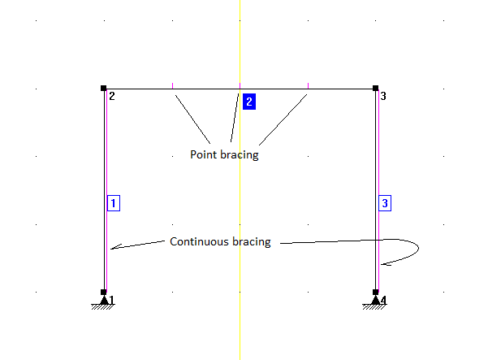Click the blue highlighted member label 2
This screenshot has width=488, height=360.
(x=249, y=102)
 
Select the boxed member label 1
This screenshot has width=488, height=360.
(x=114, y=202)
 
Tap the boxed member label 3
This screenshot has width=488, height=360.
(x=386, y=202)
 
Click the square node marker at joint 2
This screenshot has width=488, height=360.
(x=104, y=88)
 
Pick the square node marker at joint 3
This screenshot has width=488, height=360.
(x=375, y=88)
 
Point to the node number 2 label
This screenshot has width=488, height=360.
(x=111, y=97)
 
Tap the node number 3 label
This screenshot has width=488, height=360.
(x=383, y=97)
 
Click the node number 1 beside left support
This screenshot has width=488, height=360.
(x=112, y=301)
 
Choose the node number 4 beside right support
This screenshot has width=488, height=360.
(x=383, y=301)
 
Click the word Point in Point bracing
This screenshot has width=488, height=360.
(x=203, y=154)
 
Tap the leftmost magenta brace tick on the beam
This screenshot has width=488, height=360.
(x=172, y=85)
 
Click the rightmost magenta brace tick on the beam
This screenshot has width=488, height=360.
(x=308, y=85)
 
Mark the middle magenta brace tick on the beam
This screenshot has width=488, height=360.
(x=240, y=85)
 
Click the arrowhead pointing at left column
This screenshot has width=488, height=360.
(x=113, y=249)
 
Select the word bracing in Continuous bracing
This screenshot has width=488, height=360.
(x=252, y=241)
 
